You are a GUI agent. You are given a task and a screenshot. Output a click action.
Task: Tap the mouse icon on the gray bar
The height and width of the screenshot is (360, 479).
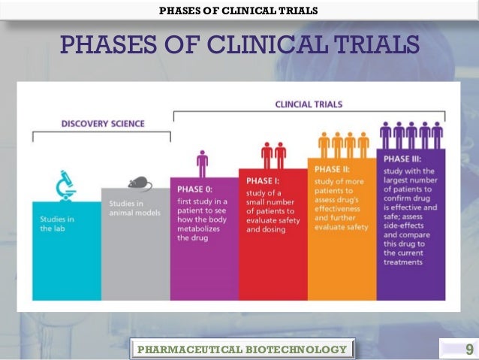click(139, 183)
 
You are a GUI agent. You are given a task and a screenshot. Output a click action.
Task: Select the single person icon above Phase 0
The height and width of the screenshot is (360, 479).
click(202, 164)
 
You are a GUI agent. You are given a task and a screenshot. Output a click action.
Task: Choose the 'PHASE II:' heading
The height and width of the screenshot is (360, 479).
click(333, 169)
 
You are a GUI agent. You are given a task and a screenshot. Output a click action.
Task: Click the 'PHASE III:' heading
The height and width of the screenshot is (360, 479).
click(403, 159)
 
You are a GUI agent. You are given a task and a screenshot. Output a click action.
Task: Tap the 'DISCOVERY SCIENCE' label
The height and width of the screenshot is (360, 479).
click(103, 123)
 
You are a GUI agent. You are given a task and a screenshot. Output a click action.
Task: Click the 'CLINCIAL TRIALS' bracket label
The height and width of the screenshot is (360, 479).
click(309, 104)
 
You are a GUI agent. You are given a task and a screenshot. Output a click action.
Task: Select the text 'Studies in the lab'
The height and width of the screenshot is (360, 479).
click(56, 223)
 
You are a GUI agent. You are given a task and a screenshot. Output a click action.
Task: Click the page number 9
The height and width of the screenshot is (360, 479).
click(469, 349)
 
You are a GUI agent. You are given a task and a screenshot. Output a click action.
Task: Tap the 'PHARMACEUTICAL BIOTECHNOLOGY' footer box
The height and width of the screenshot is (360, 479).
click(243, 349)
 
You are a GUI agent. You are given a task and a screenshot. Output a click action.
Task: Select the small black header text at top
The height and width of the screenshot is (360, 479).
click(239, 10)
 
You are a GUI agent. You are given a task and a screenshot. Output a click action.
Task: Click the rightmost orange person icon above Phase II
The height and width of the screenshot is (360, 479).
click(363, 144)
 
